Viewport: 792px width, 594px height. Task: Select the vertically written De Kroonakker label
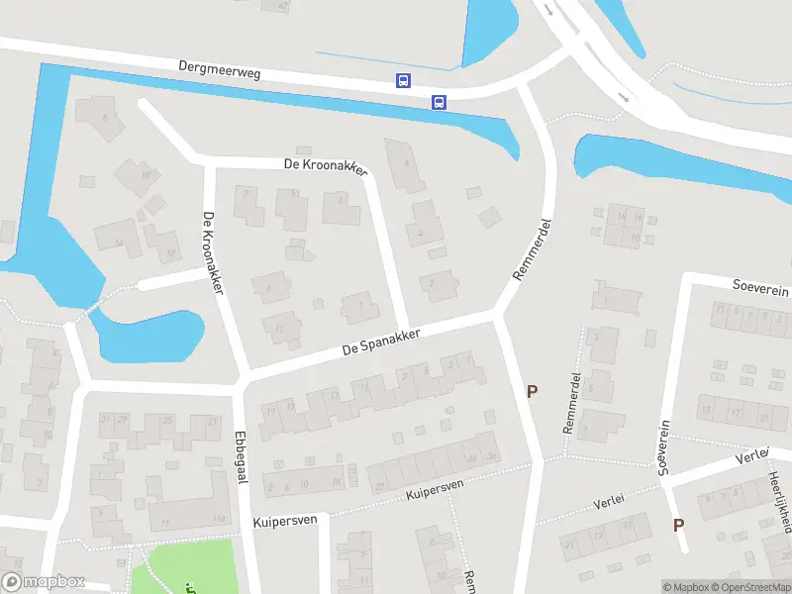coord(213,253)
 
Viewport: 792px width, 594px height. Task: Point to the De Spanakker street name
coord(381,341)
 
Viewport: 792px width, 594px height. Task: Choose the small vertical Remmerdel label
coord(572,403)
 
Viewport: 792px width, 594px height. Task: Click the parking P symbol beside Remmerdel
coord(532,392)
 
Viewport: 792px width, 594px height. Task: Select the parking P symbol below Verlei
coord(678,526)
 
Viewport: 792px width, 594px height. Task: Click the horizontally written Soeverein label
coord(760,287)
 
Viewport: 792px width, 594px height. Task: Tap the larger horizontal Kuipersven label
coord(284,520)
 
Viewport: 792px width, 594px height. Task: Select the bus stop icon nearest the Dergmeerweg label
coord(403,81)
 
